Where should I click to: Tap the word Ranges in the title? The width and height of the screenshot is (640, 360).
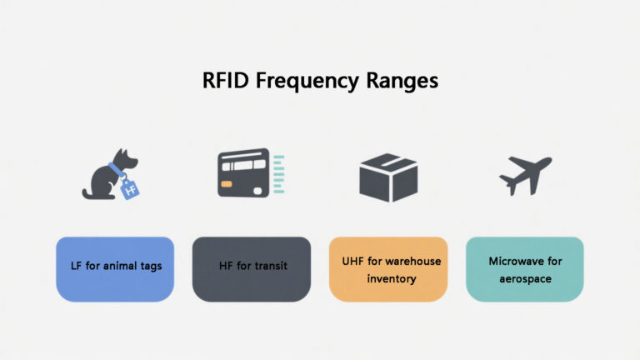[399, 82]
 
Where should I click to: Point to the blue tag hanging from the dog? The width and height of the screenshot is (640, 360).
[129, 188]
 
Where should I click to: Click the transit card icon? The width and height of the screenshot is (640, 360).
[244, 173]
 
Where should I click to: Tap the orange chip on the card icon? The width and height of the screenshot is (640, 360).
[227, 182]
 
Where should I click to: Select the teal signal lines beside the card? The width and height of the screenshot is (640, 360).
[278, 173]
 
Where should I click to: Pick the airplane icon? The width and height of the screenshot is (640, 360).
[525, 174]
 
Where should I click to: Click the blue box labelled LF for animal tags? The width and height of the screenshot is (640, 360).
[115, 268]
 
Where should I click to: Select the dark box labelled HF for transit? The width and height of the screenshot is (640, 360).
[251, 268]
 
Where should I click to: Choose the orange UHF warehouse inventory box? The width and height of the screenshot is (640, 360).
[387, 268]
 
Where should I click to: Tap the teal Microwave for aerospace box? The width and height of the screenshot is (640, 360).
[524, 268]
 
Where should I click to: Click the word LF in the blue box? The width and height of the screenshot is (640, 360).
[76, 267]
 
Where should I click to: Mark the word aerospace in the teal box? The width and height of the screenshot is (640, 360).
[525, 278]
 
